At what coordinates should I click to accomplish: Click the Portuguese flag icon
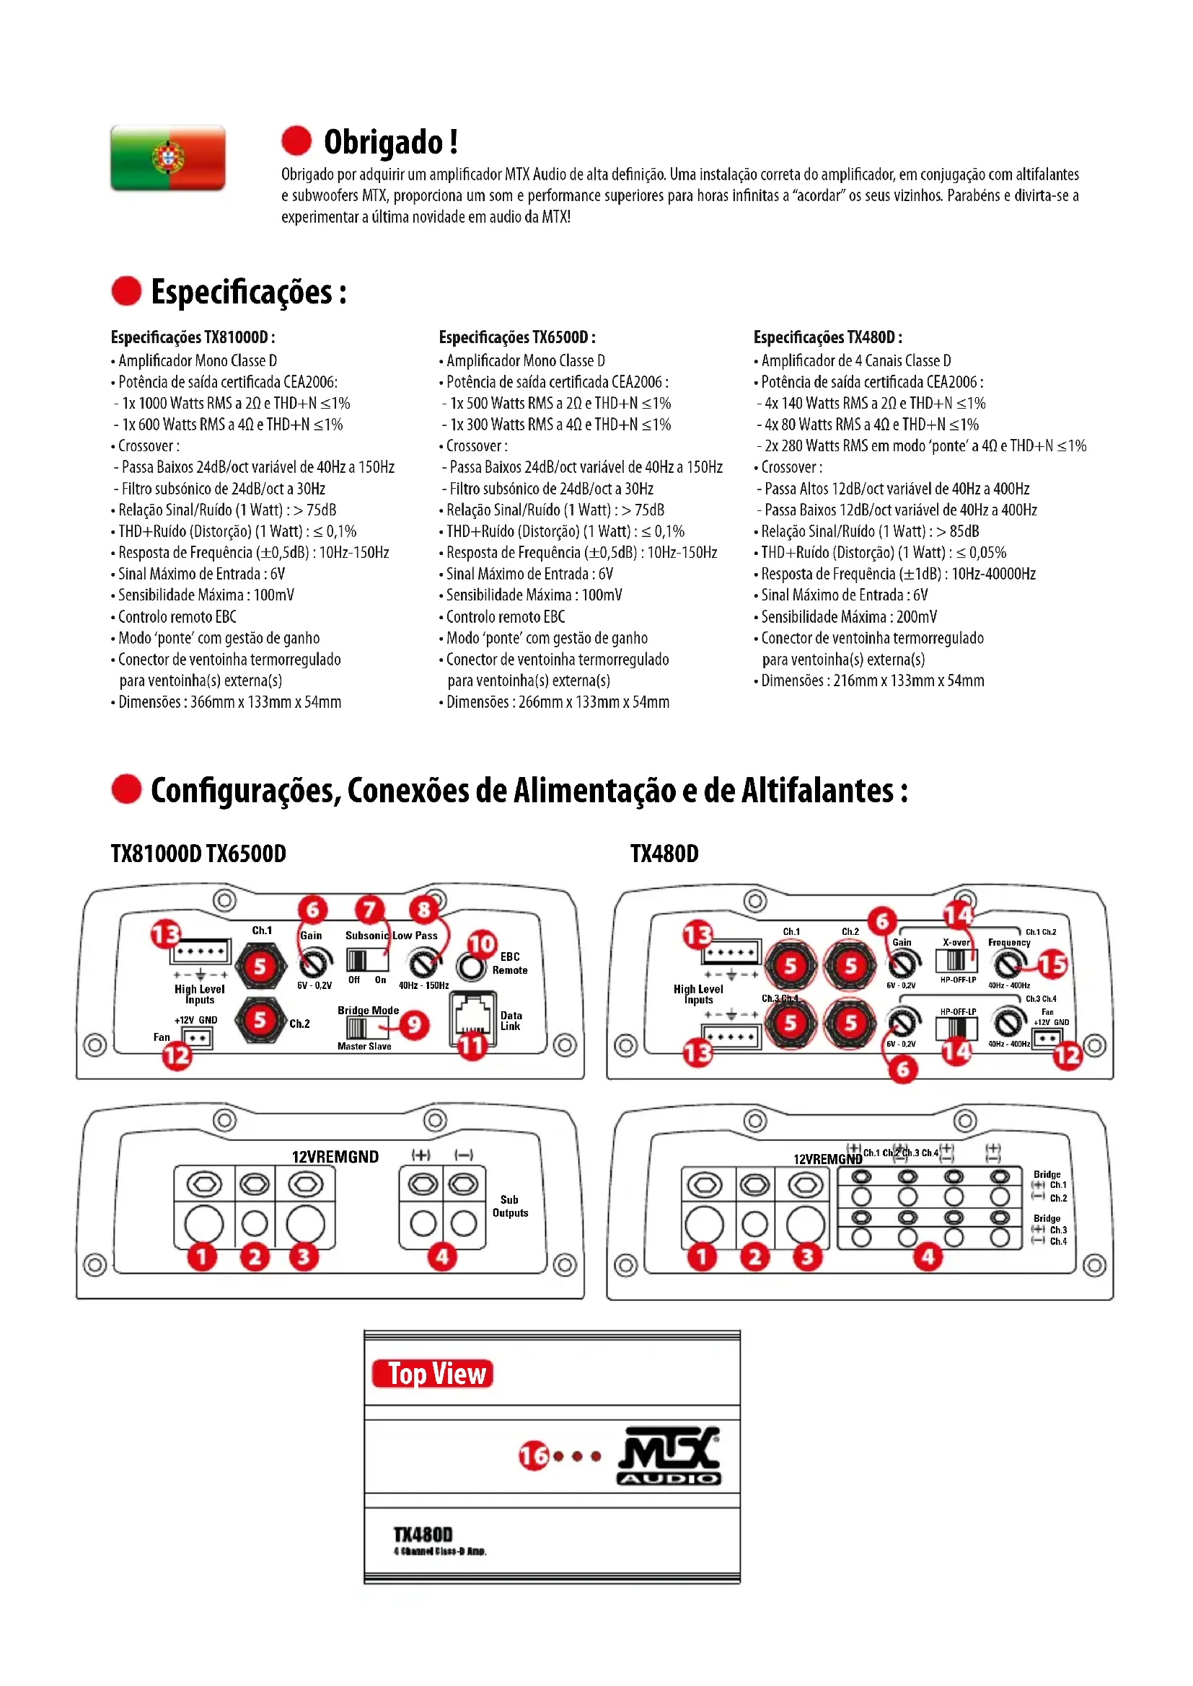[167, 158]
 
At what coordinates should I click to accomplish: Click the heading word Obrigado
[383, 142]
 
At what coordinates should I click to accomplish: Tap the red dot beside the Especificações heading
[126, 290]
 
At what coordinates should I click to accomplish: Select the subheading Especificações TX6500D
[516, 337]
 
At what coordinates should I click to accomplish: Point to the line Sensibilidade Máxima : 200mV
[848, 617]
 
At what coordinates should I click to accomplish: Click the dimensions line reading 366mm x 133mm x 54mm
[229, 702]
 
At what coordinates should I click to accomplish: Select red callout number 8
[424, 910]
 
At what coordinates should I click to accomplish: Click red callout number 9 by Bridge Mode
[414, 1024]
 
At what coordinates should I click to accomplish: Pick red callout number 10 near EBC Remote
[482, 944]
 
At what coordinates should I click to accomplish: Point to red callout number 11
[471, 1046]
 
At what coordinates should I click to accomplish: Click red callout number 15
[1051, 964]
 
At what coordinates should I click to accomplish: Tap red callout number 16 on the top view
[534, 1455]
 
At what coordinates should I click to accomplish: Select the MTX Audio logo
[669, 1457]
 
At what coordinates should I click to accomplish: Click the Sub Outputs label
[510, 1206]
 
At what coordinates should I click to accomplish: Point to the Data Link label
[511, 1021]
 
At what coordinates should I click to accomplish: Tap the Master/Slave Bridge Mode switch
[357, 1026]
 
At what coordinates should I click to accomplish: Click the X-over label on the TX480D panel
[956, 942]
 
